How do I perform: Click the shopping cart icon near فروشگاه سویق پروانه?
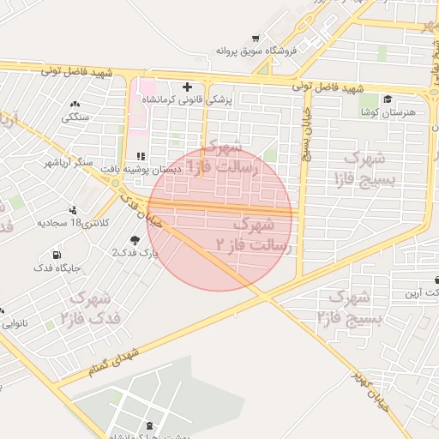256,39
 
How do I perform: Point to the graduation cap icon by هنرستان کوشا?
388,99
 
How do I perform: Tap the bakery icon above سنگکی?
75,105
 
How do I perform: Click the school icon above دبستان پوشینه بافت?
141,156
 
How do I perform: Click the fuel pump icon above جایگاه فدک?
57,255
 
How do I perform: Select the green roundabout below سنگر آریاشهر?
91,183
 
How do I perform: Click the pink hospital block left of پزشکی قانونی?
145,87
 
